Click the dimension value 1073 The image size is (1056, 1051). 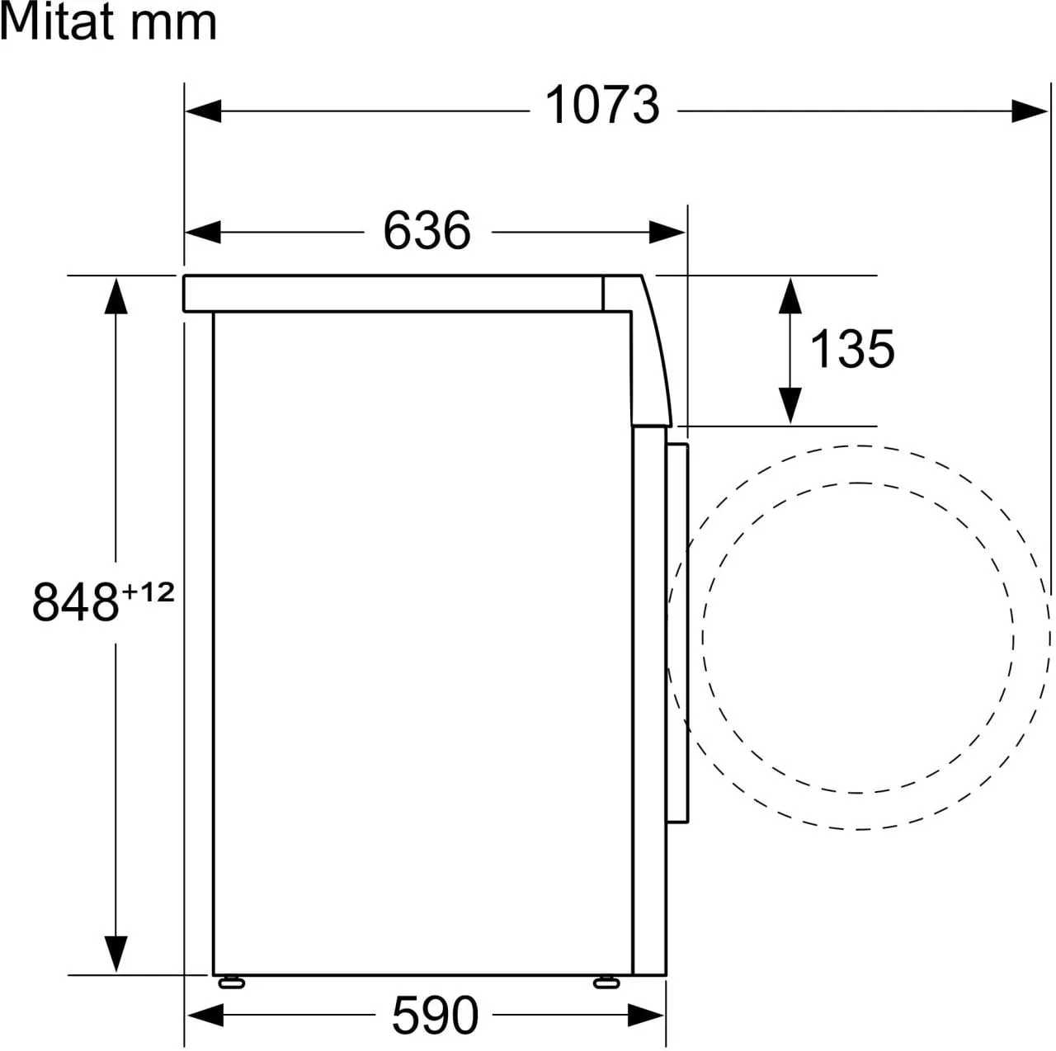[602, 106]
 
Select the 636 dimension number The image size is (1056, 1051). [427, 231]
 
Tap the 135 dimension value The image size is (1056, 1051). [852, 349]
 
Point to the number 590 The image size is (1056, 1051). [435, 1016]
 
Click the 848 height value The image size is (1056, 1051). [76, 603]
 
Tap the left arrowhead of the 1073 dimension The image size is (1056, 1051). [203, 111]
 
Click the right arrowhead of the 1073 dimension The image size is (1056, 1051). [1030, 111]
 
